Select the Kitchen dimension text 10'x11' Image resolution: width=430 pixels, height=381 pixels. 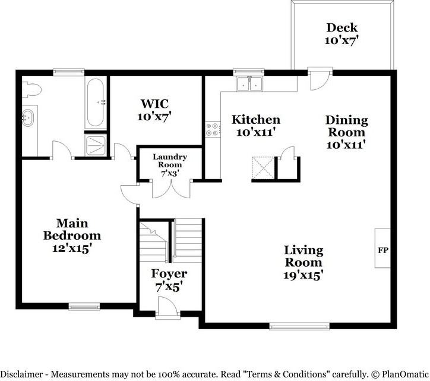click(255, 133)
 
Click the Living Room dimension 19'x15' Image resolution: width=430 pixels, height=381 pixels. click(303, 275)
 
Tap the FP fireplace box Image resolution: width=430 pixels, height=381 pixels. click(382, 248)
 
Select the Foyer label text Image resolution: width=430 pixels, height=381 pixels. click(169, 273)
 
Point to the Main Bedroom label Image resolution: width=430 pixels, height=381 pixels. click(72, 230)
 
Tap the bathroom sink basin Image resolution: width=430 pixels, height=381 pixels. click(27, 118)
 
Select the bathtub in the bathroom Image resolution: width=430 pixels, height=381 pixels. click(96, 102)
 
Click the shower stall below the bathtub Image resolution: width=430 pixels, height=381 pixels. click(96, 146)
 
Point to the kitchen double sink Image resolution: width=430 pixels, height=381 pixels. click(249, 84)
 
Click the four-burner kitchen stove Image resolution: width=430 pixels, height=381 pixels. click(213, 129)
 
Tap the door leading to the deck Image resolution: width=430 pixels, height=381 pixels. click(320, 79)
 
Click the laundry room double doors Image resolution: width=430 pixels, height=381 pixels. click(171, 189)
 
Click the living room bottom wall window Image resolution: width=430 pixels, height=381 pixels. click(299, 326)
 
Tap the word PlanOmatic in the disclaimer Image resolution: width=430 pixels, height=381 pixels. click(405, 374)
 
